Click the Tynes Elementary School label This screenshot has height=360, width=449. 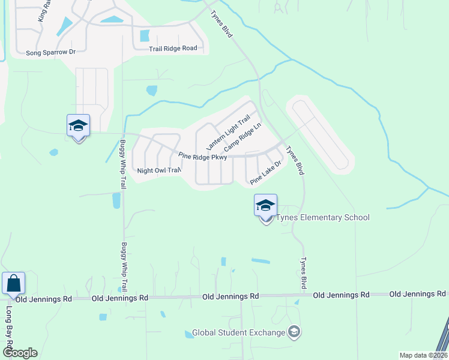(x=322, y=218)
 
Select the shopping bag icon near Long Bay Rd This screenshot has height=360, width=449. (x=13, y=284)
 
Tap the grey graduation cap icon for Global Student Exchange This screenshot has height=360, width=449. (x=294, y=331)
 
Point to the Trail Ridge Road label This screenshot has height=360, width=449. (x=173, y=48)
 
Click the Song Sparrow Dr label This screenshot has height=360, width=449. (x=50, y=52)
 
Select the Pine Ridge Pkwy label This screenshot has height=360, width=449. (x=203, y=157)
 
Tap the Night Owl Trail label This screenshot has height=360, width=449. (x=158, y=170)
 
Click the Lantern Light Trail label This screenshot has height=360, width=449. (x=228, y=133)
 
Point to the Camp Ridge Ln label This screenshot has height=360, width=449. (x=243, y=137)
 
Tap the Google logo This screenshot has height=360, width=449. (x=19, y=353)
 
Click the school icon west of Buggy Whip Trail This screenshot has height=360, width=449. (x=78, y=126)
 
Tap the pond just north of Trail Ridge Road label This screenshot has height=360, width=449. (x=145, y=35)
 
